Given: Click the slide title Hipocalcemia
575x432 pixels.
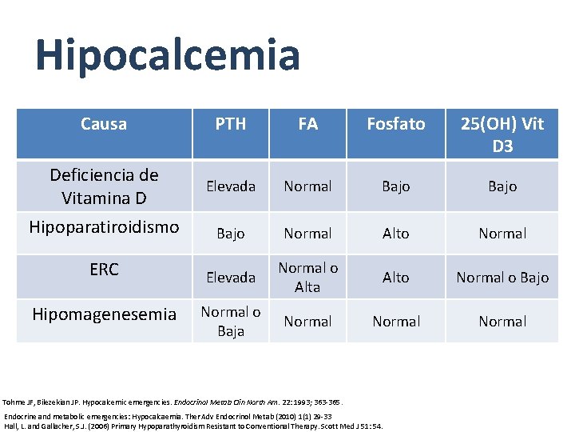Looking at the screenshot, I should point(168,55).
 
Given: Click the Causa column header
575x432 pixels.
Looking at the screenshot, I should point(104,124).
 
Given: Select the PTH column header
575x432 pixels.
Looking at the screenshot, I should point(231,124).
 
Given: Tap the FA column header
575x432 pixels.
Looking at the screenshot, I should point(307,124).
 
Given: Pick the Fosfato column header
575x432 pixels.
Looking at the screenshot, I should point(396,124).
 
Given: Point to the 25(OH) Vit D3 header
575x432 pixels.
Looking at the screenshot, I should point(502,134).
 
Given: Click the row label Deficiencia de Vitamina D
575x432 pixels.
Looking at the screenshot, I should point(104,186).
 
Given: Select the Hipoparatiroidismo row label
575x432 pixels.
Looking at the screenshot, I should point(104,227).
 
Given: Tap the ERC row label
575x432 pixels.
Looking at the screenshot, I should point(104,270).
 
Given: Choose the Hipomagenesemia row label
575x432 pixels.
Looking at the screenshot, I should point(104,314).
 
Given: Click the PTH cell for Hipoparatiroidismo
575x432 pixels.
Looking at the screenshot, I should point(231,234).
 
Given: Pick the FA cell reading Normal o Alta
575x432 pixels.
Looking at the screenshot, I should point(307,277).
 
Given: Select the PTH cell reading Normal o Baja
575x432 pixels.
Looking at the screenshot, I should point(231,321).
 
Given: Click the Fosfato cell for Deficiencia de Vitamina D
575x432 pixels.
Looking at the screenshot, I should point(396,186).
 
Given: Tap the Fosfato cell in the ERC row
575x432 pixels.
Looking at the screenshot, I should point(396,278).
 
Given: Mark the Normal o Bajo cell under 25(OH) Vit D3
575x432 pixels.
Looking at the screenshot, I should point(502,278).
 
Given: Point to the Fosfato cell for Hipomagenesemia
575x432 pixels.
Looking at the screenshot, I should point(396,322).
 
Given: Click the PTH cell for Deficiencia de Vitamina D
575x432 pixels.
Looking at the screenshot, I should point(231,186).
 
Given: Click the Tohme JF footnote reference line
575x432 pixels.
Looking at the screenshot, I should point(184,402).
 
